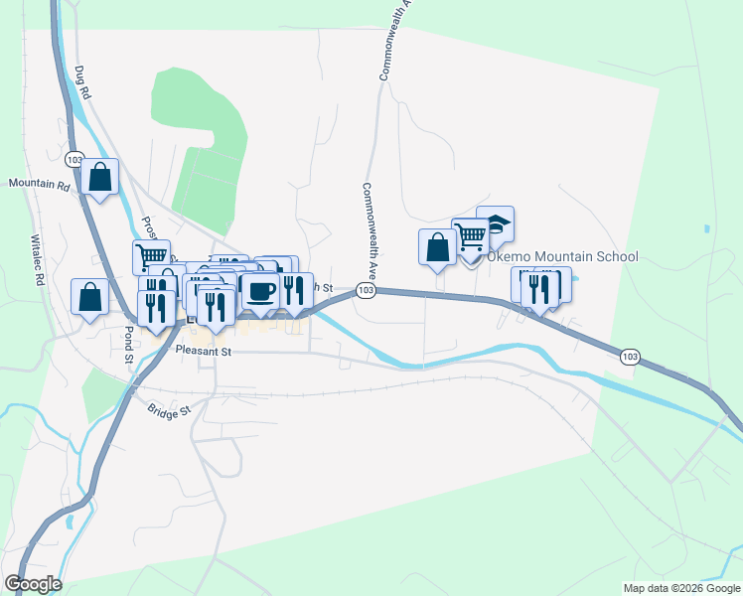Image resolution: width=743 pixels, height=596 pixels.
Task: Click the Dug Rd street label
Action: [81, 81]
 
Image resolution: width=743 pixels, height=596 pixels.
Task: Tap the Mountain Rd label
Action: [39, 185]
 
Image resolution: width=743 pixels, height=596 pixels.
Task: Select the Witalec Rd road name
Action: [38, 260]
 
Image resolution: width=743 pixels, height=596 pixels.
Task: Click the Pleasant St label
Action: [203, 351]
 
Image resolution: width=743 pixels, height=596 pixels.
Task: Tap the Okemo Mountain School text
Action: [561, 257]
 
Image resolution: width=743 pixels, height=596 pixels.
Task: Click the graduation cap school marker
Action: [495, 224]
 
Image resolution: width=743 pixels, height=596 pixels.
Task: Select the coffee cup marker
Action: [260, 290]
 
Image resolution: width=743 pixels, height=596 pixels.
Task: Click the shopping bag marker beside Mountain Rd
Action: [100, 177]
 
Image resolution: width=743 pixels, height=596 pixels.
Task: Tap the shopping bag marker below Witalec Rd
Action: [89, 296]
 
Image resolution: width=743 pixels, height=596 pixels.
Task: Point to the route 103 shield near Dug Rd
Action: [74, 159]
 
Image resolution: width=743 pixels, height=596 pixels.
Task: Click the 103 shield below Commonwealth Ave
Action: [367, 290]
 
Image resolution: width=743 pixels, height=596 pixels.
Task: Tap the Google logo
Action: [33, 584]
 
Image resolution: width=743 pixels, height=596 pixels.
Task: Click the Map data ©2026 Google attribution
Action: [680, 588]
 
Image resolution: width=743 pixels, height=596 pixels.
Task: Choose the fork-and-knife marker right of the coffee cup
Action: [294, 288]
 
